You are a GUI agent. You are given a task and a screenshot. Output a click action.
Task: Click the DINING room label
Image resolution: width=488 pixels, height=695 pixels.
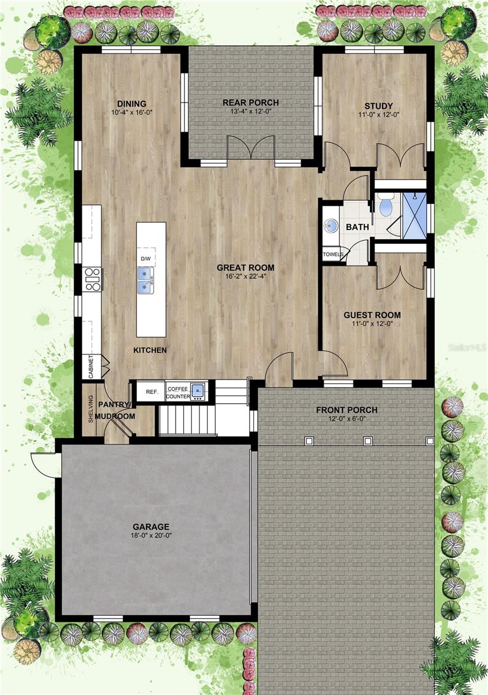132,104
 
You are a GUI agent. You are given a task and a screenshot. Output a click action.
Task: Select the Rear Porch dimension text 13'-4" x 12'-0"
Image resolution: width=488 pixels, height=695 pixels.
251,112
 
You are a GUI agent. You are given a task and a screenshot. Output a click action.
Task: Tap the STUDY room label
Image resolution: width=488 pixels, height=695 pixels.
374,105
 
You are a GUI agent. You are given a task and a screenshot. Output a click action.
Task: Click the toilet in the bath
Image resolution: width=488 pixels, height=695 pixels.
385,205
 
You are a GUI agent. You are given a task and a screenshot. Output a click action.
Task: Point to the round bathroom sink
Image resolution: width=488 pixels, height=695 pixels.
332,225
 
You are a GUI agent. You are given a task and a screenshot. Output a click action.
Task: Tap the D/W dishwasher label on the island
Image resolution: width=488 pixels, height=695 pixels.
145,258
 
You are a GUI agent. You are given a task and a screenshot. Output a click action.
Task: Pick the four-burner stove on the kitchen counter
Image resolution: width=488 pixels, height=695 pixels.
92,279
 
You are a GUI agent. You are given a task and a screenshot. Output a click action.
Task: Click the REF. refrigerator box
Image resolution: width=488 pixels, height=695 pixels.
152,392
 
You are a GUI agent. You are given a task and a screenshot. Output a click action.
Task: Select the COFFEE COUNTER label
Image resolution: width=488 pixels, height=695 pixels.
178,392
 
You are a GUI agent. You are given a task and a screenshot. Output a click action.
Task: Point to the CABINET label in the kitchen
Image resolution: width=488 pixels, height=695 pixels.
92,367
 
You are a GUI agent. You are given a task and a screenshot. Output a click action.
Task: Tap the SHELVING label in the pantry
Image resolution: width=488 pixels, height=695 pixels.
91,409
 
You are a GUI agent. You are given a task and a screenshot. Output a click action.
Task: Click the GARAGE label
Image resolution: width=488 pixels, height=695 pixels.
151,526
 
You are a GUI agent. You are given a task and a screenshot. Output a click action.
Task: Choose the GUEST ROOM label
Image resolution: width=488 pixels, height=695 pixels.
372,315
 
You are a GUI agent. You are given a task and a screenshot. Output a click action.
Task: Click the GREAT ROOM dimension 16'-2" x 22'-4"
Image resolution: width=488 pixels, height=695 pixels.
246,276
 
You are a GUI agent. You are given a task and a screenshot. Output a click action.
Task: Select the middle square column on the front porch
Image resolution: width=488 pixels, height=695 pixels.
367,441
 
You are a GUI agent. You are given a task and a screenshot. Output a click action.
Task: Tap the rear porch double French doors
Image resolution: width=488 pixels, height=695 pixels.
250,148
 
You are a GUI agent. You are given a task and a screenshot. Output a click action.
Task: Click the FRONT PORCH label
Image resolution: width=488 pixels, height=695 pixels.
347,410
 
